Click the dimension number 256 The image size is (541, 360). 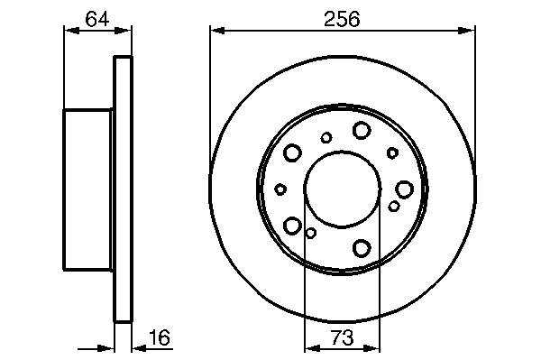[x=342, y=19]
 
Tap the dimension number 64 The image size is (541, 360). [x=97, y=19]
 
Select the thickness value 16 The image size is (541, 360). [x=159, y=337]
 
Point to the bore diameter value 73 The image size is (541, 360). [x=342, y=337]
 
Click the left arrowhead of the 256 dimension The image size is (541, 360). [x=217, y=31]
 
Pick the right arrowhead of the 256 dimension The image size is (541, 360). [x=467, y=31]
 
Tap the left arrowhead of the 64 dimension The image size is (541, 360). [x=72, y=31]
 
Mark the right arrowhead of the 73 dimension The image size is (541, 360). [x=371, y=348]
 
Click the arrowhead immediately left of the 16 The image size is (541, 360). [x=141, y=348]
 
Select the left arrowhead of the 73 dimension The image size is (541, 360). [x=313, y=348]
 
